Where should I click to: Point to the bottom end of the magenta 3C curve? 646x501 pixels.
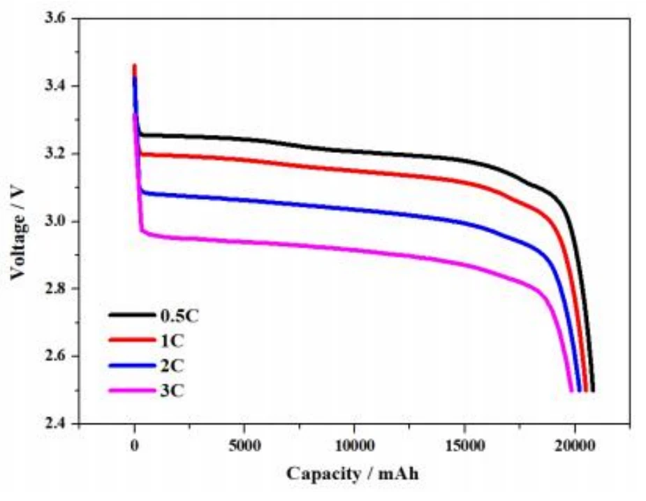571,391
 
